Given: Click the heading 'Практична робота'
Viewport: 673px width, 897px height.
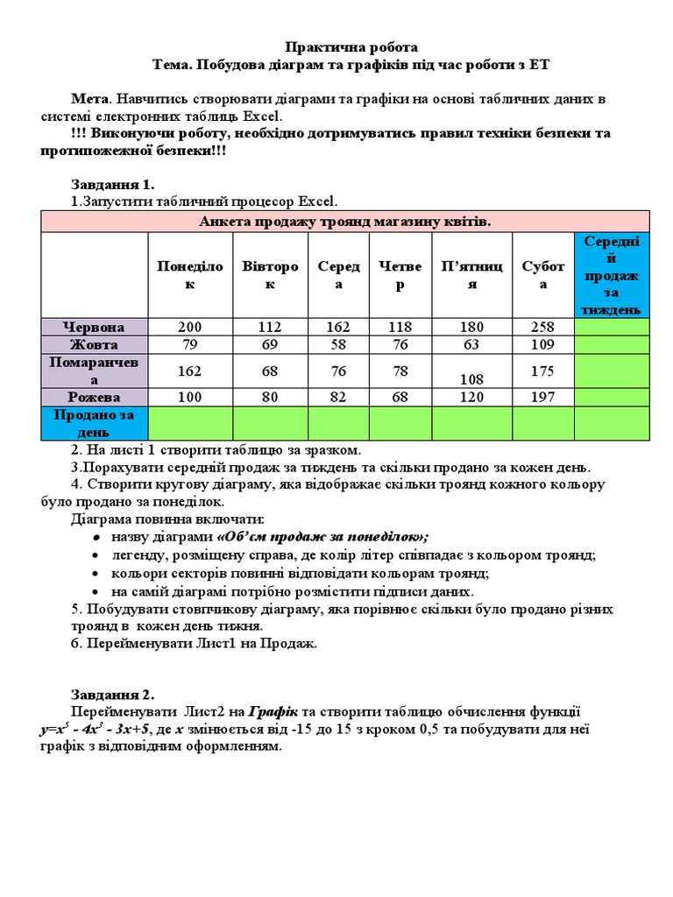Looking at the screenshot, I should click(x=342, y=46).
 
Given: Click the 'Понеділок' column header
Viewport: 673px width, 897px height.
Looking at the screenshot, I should click(x=190, y=275).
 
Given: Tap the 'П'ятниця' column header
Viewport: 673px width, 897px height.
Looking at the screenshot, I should click(x=471, y=275).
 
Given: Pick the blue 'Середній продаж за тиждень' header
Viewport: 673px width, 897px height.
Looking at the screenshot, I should click(x=612, y=274).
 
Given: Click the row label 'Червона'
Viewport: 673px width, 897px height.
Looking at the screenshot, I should click(x=95, y=327).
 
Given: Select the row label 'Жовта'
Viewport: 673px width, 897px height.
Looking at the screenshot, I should click(x=95, y=344).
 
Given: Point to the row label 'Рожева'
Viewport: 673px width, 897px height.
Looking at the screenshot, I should click(x=95, y=397).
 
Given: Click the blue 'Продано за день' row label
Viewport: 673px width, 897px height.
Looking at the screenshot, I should click(x=95, y=422).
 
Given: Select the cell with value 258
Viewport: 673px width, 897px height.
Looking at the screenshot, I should click(x=543, y=327).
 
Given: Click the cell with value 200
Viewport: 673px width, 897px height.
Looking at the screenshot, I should click(x=190, y=327).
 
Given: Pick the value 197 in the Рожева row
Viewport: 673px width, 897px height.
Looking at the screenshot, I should click(x=543, y=397).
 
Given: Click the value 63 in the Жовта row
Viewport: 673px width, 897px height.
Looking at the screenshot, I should click(x=471, y=344).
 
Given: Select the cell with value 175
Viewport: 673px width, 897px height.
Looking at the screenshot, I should click(x=543, y=371).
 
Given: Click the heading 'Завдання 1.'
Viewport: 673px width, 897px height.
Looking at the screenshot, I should click(x=112, y=184).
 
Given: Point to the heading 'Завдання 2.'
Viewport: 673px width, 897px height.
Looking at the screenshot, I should click(x=112, y=695).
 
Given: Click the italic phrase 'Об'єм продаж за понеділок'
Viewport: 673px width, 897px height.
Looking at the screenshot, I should click(x=322, y=536).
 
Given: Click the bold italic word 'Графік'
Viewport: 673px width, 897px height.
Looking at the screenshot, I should click(x=273, y=711).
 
